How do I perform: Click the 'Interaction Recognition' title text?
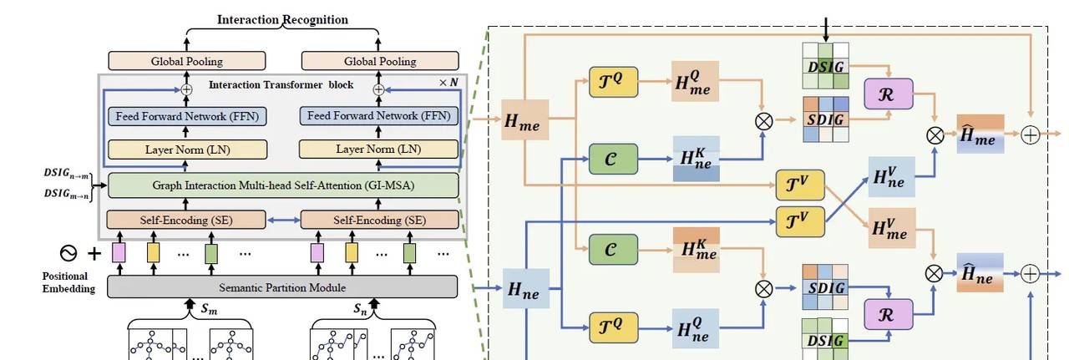pyautogui.click(x=282, y=19)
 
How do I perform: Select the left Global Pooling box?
pyautogui.click(x=187, y=61)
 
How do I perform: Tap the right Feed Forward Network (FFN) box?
pyautogui.click(x=379, y=116)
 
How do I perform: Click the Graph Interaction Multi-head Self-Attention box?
pyautogui.click(x=283, y=185)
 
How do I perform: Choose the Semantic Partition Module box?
pyautogui.click(x=282, y=287)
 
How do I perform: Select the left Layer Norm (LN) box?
pyautogui.click(x=187, y=150)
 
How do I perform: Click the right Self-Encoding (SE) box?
pyautogui.click(x=379, y=220)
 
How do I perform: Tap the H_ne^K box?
pyautogui.click(x=695, y=158)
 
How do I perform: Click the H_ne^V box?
pyautogui.click(x=891, y=176)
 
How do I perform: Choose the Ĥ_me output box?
pyautogui.click(x=980, y=134)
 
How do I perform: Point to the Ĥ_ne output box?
pyautogui.click(x=980, y=272)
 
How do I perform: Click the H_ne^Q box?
pyautogui.click(x=695, y=328)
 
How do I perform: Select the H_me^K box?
pyautogui.click(x=695, y=248)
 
